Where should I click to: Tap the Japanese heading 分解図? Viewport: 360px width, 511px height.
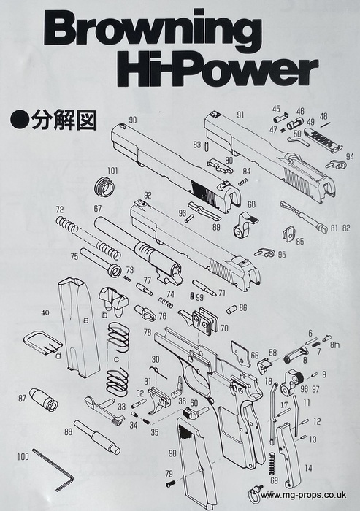pos(64,121)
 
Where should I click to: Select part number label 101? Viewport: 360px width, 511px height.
pos(112,171)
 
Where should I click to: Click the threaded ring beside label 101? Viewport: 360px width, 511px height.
pos(104,188)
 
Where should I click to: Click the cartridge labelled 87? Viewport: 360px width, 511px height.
pos(44,399)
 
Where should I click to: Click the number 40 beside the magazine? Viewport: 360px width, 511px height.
pos(45,313)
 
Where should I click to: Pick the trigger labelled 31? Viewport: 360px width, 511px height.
pos(159,399)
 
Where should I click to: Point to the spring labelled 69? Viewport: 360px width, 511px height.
pos(272,463)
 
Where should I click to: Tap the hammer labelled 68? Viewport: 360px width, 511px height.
pos(245,224)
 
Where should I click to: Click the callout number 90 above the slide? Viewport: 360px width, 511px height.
pos(133,120)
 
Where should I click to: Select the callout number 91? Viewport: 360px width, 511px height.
pos(241,115)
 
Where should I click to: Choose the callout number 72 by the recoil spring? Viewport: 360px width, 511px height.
pos(60,209)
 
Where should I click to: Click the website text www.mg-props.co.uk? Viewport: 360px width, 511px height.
pos(303,495)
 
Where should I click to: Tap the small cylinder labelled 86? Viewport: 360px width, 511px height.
pos(231,309)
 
